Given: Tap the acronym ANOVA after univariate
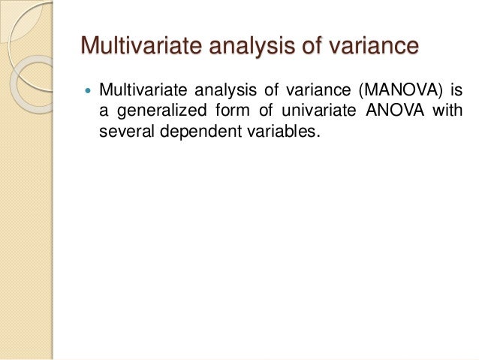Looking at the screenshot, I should click(395, 114).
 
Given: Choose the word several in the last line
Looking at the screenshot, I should click(124, 135).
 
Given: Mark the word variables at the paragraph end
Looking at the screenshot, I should click(267, 135).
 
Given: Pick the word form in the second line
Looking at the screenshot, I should click(226, 114).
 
